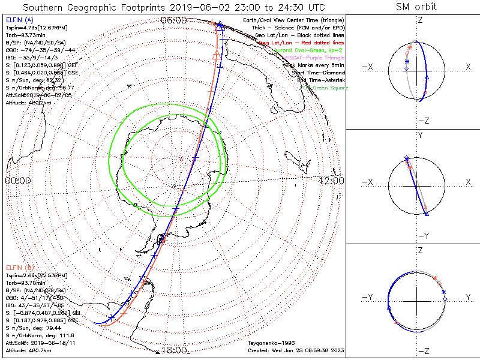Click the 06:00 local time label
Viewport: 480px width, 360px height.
174,20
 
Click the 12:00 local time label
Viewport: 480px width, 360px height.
331,181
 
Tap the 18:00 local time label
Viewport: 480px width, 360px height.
174,350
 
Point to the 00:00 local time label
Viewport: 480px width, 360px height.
17,181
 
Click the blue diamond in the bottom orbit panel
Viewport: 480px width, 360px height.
445,298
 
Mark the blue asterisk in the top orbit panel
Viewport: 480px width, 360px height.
406,62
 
